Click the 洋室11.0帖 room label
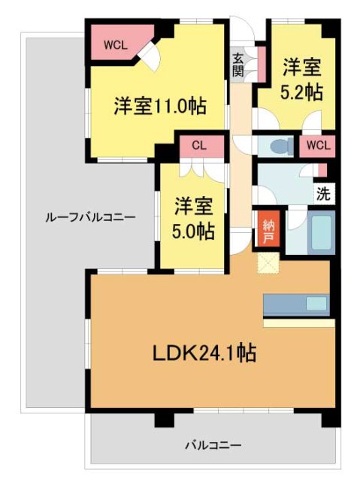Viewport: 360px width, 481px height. pos(160,105)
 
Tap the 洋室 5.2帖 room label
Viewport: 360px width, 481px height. pos(301,80)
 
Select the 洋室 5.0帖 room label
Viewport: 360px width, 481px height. pos(193,218)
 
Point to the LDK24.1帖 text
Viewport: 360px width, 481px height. pos(203,352)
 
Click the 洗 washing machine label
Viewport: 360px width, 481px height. pos(322,193)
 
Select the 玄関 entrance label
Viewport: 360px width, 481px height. pos(237,65)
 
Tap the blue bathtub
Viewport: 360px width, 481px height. pos(319,233)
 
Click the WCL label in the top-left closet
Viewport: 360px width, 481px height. pos(115,44)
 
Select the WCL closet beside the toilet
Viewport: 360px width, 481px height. pos(315,145)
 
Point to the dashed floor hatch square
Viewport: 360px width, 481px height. pos(268,264)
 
